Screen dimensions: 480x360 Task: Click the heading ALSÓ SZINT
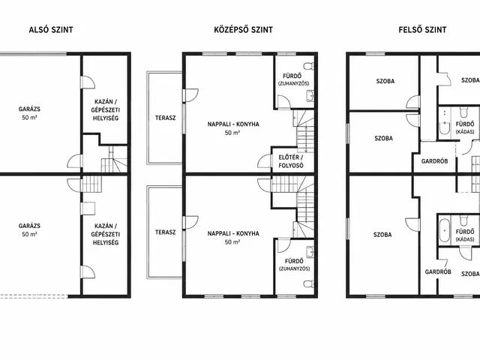(x=51, y=30)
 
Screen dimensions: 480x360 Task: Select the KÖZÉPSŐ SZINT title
(x=243, y=30)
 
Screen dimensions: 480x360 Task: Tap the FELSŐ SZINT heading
(x=422, y=30)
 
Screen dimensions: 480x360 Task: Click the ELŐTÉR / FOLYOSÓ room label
(x=291, y=161)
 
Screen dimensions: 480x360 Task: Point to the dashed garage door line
(x=34, y=296)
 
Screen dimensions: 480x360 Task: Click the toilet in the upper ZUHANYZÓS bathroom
(x=309, y=66)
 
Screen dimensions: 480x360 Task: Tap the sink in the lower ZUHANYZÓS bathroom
(x=310, y=252)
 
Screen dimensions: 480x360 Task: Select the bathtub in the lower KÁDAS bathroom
(x=444, y=230)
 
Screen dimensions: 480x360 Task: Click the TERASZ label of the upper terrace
(x=165, y=118)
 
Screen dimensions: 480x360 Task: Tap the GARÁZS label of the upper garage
(x=29, y=109)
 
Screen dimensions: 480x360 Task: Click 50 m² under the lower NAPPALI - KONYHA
(x=232, y=242)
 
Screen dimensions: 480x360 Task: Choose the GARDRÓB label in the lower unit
(x=438, y=271)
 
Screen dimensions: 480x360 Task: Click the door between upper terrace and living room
(x=190, y=95)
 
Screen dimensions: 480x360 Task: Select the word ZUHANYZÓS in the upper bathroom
(x=293, y=83)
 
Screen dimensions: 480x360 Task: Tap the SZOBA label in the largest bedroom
(x=382, y=235)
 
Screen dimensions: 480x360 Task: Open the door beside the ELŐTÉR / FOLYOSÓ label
(x=265, y=161)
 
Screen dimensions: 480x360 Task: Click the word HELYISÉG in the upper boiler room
(x=106, y=118)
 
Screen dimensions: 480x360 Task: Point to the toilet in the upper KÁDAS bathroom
(x=464, y=112)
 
